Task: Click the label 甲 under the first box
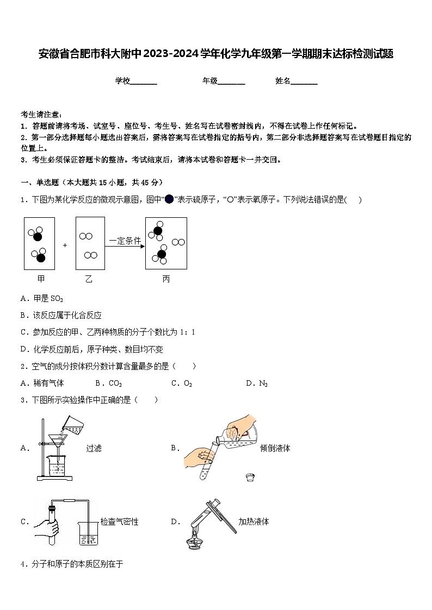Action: pos(40,279)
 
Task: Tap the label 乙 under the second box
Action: pos(89,279)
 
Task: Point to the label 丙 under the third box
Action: pos(166,279)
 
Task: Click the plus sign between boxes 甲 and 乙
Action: pos(65,245)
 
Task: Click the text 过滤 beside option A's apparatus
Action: pos(94,448)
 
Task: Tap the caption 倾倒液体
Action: pos(275,448)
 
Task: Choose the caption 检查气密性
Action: pos(119,521)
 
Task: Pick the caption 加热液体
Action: pos(254,521)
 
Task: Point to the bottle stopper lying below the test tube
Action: pos(250,477)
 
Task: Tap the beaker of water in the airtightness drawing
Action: pos(87,533)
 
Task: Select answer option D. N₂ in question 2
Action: pos(257,383)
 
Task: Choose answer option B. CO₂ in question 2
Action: pos(108,383)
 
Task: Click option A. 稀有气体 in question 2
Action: pos(42,383)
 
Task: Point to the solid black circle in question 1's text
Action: pos(169,199)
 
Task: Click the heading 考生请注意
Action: pos(41,114)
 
